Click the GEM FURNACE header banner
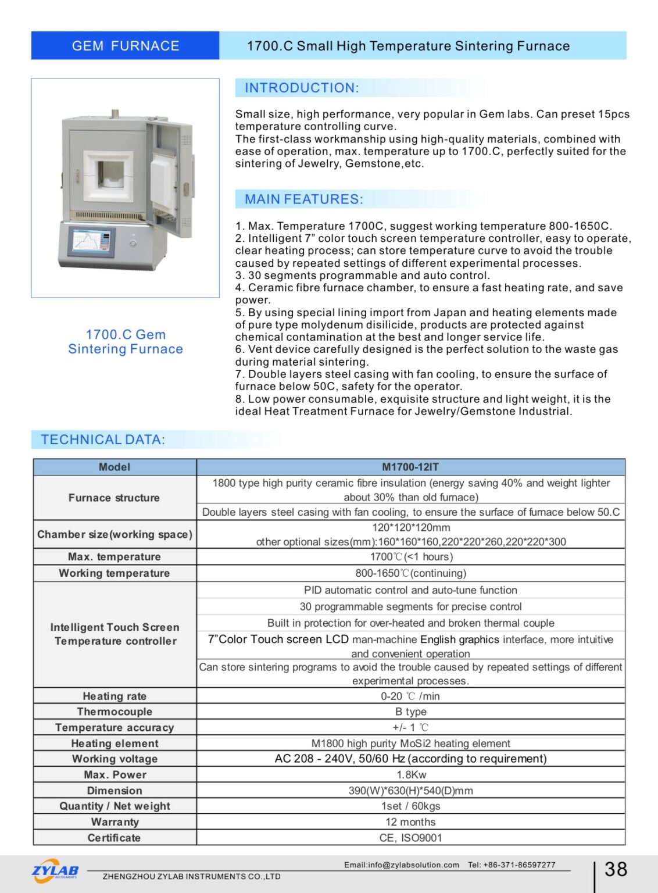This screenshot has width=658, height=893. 125,46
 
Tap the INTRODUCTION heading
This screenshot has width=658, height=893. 302,88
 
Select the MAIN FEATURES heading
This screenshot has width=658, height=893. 303,199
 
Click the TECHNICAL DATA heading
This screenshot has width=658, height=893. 103,440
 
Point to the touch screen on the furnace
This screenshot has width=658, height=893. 91,241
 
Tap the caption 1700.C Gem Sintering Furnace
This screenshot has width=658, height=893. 126,342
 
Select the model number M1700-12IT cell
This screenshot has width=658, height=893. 410,467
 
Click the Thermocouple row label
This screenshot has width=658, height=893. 115,712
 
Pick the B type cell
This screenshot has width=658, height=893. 410,712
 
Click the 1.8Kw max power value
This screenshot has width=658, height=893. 411,774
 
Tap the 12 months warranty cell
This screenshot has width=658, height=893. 410,822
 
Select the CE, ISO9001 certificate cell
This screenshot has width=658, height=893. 410,838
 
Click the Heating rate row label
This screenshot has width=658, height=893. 115,696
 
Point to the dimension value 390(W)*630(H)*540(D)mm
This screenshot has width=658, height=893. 410,791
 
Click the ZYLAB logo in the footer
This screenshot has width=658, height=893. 55,871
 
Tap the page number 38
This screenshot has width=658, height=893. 616,869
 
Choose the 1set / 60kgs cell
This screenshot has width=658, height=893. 410,806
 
